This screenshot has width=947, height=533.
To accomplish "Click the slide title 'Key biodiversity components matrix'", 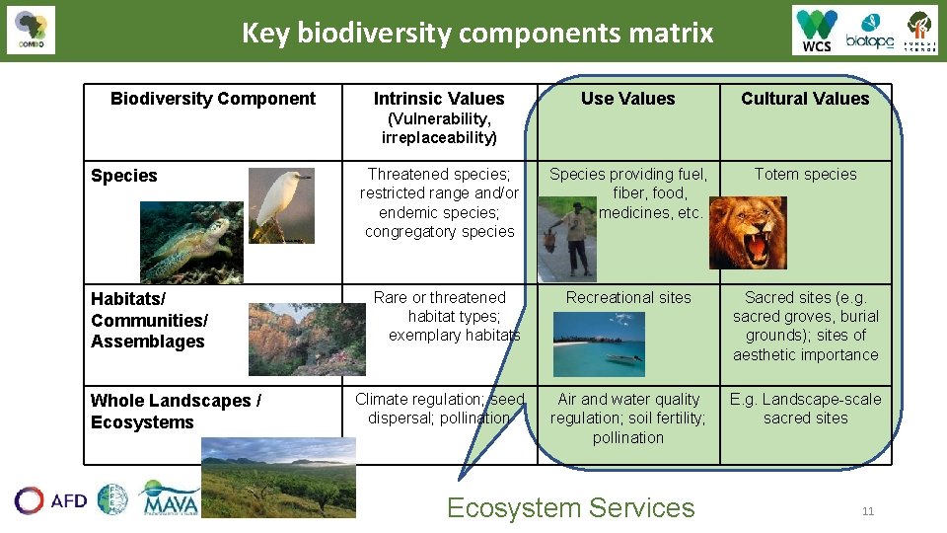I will coord(477,33).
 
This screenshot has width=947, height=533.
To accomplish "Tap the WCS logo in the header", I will coord(817,31).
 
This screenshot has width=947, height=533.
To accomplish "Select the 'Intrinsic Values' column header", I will coord(439,99).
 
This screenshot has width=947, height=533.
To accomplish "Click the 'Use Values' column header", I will coord(627,98).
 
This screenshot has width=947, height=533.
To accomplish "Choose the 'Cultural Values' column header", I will coord(805,98).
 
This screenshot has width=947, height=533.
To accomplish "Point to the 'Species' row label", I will coord(124,176).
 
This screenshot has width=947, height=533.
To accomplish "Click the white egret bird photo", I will coord(280,204).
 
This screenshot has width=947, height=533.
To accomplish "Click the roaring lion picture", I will coord(748,232).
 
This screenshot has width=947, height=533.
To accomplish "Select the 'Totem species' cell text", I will coord(805,174).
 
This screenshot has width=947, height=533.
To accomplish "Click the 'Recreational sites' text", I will coord(628,297).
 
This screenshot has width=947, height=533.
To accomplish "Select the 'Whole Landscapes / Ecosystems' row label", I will coord(176,412).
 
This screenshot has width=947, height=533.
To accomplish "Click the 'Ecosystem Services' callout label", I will coord(570,507).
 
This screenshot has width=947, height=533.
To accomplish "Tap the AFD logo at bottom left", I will coord(50,500).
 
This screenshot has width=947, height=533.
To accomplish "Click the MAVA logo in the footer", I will coord(170,499).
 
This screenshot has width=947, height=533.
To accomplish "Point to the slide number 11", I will coord(868,510).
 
